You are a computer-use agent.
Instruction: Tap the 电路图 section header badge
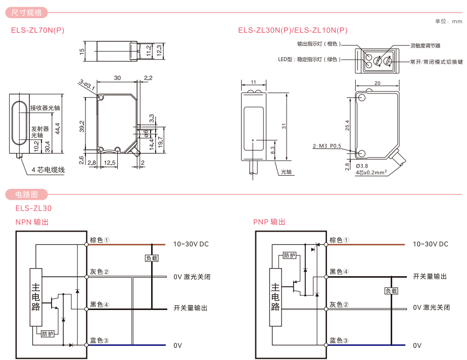26,194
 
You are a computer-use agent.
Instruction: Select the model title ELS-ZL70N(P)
38,30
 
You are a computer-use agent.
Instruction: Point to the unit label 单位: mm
448,21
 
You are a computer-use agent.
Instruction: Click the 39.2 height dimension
82,126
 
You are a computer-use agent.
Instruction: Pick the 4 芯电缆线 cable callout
49,170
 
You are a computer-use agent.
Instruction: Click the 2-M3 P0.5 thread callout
327,146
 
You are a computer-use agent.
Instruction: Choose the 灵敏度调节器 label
425,45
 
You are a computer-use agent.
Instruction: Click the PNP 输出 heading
269,222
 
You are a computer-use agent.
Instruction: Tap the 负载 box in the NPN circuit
152,258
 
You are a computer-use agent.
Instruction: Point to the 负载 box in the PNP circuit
391,291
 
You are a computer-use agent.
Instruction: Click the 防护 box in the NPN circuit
47,334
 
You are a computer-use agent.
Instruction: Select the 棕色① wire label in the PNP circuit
339,240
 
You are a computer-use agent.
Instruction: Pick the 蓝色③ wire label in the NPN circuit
100,341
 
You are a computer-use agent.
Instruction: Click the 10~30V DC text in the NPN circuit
191,244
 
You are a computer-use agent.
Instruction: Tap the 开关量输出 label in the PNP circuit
430,276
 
